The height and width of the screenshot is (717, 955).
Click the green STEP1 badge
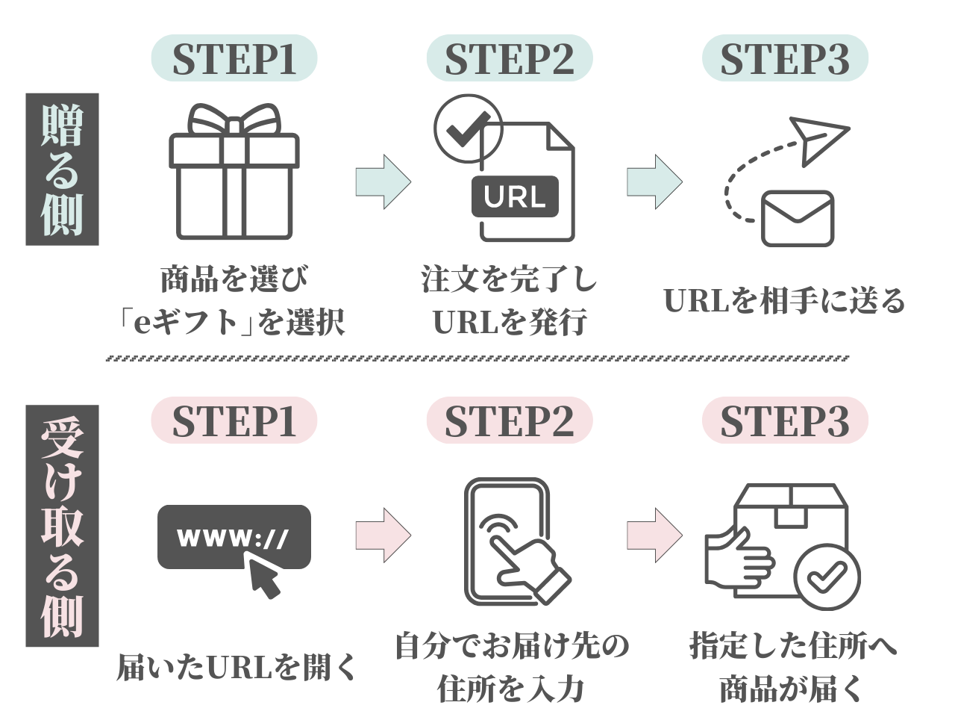234,58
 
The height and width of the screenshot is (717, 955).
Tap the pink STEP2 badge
510,420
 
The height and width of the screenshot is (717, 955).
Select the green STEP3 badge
785,58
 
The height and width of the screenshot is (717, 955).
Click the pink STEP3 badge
785,420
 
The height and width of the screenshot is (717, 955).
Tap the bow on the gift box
234,119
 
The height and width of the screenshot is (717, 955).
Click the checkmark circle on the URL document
468,128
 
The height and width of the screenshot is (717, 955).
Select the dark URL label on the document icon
515,197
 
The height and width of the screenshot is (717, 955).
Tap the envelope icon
797,219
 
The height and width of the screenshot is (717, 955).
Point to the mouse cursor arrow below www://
264,578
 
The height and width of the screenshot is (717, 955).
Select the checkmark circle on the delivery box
827,576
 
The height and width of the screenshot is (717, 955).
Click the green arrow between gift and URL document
383,181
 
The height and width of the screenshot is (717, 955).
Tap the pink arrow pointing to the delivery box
654,535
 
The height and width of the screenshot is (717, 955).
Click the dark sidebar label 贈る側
62,169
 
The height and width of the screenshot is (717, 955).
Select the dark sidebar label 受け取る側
62,526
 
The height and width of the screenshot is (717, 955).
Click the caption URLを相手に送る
785,300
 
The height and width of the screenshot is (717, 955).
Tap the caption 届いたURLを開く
237,667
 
